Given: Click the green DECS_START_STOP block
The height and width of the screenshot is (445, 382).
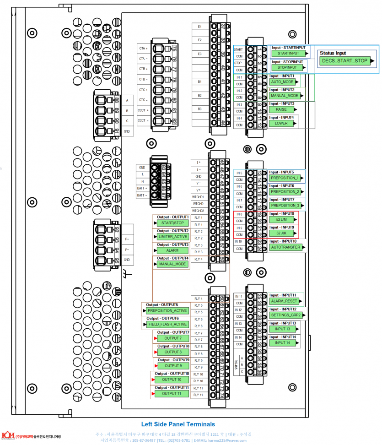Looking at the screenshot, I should [344, 60].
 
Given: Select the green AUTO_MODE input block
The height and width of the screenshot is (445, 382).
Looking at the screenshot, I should [282, 81].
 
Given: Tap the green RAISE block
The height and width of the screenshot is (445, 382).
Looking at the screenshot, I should [281, 109].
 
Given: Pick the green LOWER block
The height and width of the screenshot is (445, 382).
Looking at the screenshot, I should [281, 123].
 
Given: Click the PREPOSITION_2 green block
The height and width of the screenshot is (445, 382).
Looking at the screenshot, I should [285, 192].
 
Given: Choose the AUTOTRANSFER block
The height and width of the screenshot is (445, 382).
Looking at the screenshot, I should [285, 247].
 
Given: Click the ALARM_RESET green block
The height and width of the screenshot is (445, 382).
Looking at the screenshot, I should [284, 301].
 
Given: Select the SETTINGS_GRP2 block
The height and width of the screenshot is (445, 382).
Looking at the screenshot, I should [285, 315].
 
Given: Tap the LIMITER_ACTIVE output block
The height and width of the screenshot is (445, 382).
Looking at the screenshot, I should [172, 237].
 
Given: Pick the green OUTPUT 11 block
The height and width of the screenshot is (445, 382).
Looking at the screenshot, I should [172, 394].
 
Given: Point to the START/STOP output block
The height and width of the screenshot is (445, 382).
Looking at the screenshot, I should [172, 223].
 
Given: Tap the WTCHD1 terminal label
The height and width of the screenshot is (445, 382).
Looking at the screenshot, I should [198, 197].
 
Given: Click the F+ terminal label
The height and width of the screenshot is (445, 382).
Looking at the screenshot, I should [127, 239].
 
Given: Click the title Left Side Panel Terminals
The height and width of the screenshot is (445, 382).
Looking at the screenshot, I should [178, 424].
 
